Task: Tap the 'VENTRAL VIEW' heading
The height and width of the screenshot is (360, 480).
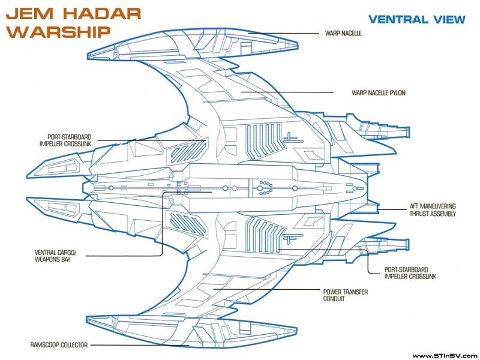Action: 416,19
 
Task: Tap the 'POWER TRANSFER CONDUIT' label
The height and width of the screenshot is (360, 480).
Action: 346,295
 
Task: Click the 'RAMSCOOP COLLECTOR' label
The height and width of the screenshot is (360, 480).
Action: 59,345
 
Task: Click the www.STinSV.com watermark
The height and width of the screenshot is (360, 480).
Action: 444,354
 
